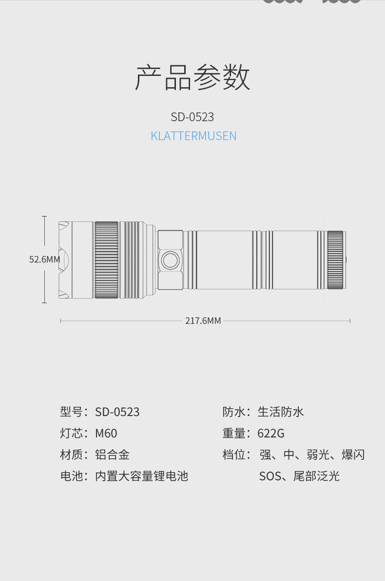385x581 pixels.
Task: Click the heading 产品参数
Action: pos(192,78)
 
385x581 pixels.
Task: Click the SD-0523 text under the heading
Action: pos(192,117)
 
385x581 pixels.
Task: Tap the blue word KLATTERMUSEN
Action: pos(193,136)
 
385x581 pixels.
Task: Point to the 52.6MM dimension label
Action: pos(44,259)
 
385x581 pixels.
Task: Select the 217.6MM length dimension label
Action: pos(203,321)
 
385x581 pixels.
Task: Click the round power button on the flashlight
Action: pos(170,260)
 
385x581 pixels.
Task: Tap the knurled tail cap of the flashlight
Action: pos(336,260)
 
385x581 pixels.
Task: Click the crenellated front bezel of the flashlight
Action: pos(64,260)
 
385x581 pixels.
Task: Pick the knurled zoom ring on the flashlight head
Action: pos(106,260)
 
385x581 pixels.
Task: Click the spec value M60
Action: pos(106,433)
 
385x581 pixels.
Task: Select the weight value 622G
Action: pos(271,433)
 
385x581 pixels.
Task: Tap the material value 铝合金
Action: pos(113,454)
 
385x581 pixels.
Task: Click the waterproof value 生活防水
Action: pos(281,412)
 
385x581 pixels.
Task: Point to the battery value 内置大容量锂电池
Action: pos(141,476)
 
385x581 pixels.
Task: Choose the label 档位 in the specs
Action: pos(234,454)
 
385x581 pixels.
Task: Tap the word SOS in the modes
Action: pos(270,476)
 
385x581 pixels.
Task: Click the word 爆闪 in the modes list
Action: pos(353,454)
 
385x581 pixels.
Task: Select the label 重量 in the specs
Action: pos(234,433)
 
